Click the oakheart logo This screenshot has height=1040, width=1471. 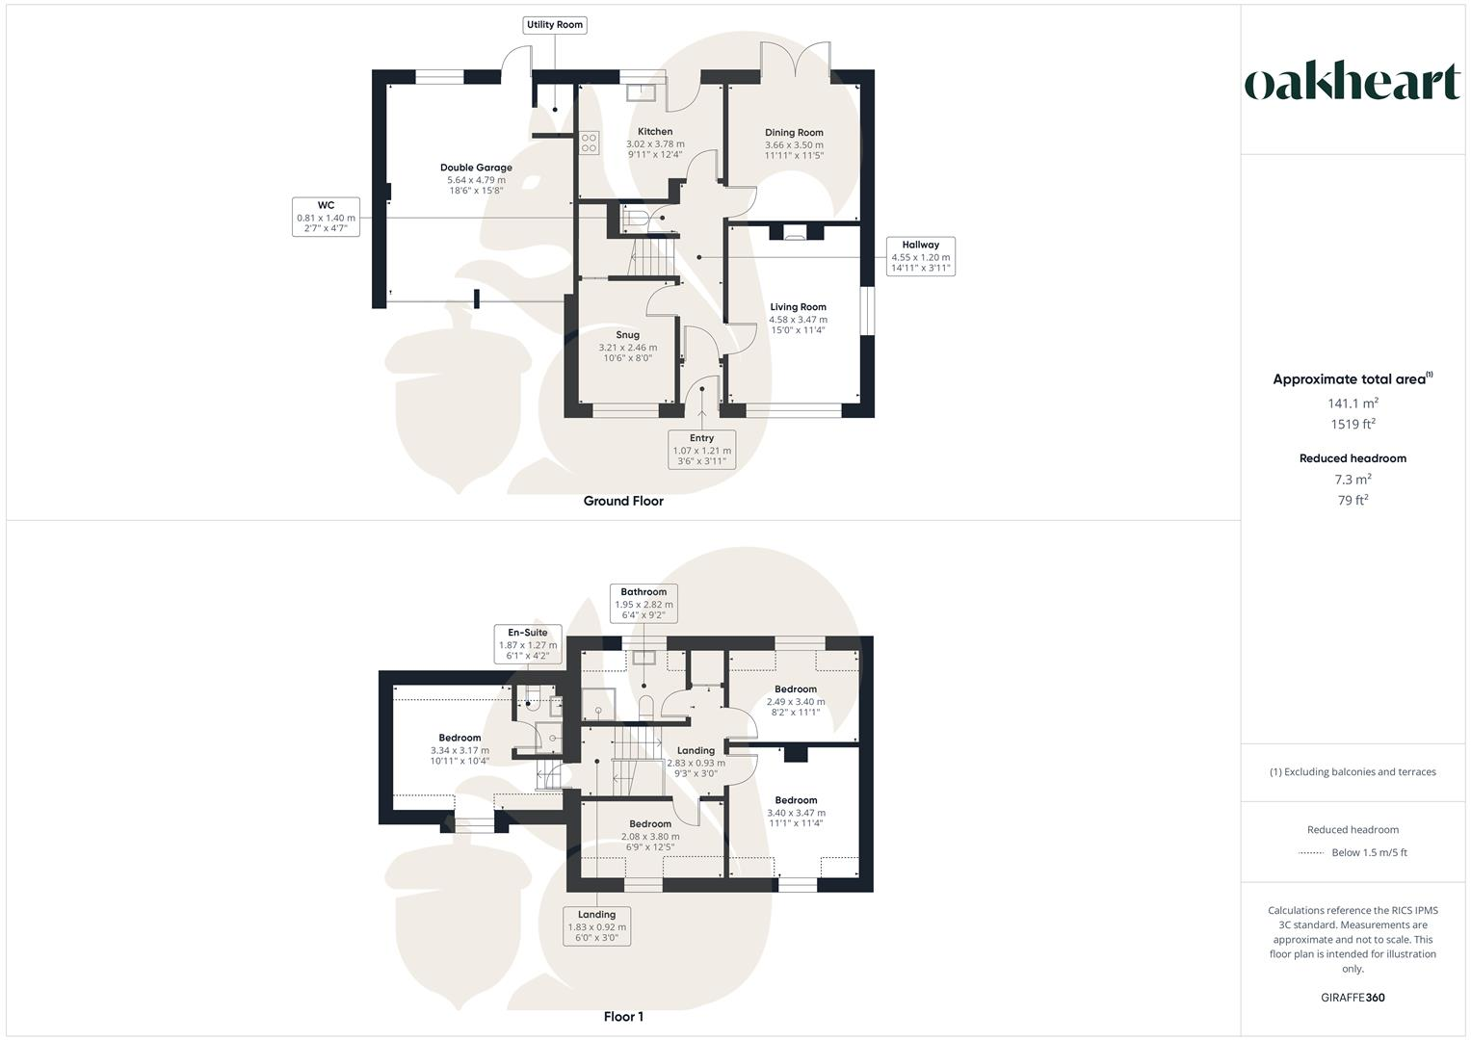coord(1353,83)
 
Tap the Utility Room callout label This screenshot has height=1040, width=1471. coord(555,25)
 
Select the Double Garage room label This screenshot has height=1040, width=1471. coord(476,179)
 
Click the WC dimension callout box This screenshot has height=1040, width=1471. coord(326,217)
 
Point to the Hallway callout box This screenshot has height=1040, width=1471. coord(920,257)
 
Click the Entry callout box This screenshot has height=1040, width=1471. coord(701,450)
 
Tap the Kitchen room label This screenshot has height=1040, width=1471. coord(655,143)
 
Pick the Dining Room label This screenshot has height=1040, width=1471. coord(794,143)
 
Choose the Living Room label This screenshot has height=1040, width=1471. coord(798,319)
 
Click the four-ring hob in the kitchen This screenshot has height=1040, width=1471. coord(589,143)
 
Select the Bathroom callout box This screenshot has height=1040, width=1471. coord(644,604)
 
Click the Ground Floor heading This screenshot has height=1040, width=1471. coord(623,501)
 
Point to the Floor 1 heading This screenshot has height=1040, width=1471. coord(623,1017)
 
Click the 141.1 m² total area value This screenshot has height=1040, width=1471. coord(1353,403)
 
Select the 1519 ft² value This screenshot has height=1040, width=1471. coord(1353,424)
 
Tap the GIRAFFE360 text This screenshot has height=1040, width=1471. coord(1353,998)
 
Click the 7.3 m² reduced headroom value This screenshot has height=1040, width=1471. coord(1353,480)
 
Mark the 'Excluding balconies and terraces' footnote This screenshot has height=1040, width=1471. coord(1353,772)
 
